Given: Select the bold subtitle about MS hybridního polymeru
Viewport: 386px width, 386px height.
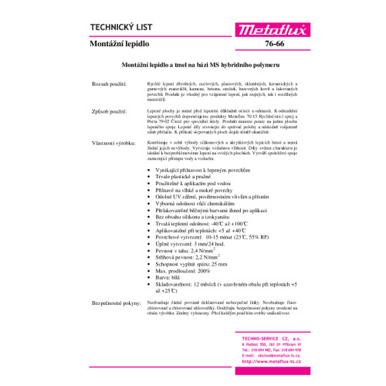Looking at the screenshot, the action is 192,69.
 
